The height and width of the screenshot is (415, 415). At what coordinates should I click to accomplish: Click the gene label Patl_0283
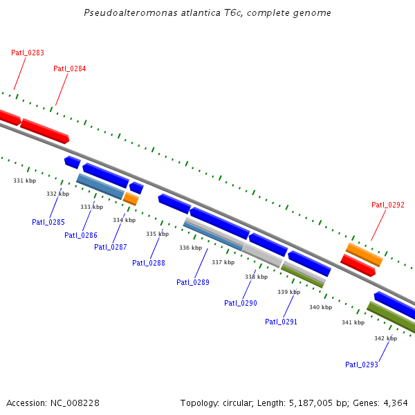pyautogui.click(x=28, y=53)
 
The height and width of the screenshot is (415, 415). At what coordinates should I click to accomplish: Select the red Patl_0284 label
pyautogui.click(x=69, y=68)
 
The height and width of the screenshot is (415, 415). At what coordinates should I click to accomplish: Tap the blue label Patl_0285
pyautogui.click(x=48, y=222)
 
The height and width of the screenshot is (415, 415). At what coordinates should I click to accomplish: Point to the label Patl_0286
pyautogui.click(x=81, y=235)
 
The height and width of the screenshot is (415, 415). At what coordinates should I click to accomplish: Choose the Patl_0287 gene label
pyautogui.click(x=111, y=247)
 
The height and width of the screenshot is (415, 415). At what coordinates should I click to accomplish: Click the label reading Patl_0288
pyautogui.click(x=149, y=262)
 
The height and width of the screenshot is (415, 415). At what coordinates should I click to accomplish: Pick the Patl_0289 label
pyautogui.click(x=193, y=282)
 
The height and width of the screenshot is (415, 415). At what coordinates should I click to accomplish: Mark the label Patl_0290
pyautogui.click(x=241, y=303)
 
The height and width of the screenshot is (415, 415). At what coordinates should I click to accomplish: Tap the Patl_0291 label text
pyautogui.click(x=281, y=322)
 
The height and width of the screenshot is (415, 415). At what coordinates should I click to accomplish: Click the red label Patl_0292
pyautogui.click(x=388, y=205)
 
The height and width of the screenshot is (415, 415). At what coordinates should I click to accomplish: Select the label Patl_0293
pyautogui.click(x=362, y=365)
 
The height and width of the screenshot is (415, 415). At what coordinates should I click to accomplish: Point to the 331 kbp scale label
pyautogui.click(x=25, y=181)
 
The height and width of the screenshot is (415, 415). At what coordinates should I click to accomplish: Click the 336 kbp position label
pyautogui.click(x=190, y=248)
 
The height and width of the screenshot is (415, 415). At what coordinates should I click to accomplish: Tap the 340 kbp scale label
pyautogui.click(x=320, y=307)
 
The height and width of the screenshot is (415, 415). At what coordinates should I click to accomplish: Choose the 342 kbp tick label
pyautogui.click(x=385, y=338)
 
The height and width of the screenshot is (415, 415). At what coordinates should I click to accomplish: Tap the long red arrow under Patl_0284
pyautogui.click(x=45, y=130)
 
